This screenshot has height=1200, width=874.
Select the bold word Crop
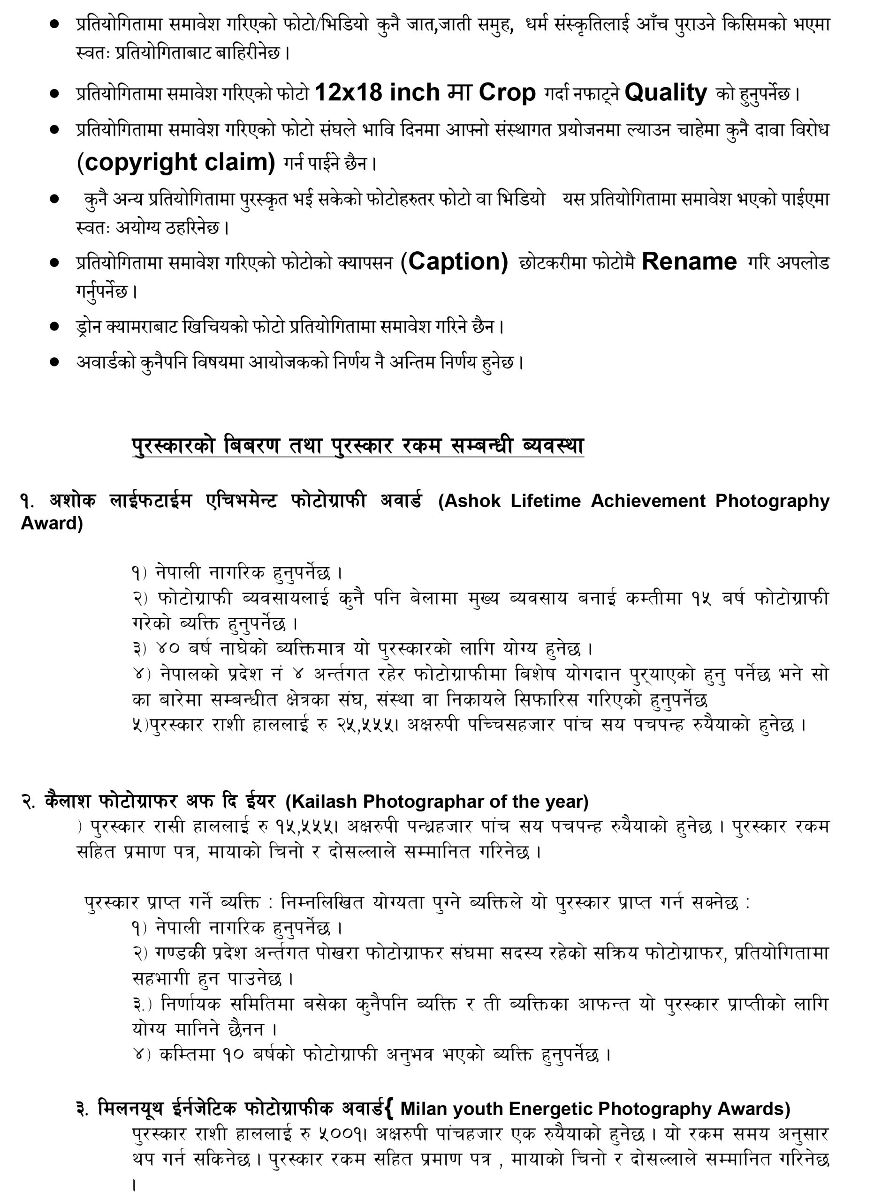pos(507,93)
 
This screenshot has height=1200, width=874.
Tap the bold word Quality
pos(665,93)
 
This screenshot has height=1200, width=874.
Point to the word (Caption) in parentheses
pos(454,262)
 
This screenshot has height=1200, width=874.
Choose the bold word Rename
pos(689,262)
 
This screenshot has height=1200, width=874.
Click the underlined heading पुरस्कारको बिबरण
pos(207,446)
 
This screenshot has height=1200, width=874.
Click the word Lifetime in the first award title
pos(545,501)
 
